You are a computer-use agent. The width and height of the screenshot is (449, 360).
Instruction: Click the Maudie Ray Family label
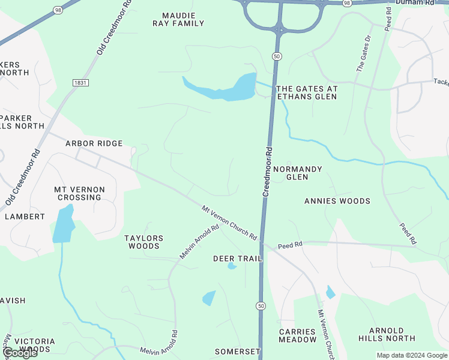(183, 19)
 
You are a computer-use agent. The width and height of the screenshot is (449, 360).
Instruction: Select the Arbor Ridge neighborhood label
(94, 143)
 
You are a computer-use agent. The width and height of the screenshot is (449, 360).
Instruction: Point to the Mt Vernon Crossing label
(79, 193)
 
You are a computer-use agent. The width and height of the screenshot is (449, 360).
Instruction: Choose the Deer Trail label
(238, 259)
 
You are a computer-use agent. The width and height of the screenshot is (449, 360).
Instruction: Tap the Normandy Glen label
(297, 173)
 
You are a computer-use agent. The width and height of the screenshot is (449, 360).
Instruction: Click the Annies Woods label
(337, 201)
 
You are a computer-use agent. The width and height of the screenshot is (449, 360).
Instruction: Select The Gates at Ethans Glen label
(307, 92)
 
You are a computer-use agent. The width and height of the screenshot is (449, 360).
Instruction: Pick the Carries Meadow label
(297, 335)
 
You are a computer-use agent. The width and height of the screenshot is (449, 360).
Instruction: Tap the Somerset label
(238, 351)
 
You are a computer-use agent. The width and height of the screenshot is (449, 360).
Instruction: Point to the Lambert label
(25, 216)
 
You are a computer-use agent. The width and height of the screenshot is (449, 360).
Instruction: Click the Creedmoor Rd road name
(267, 172)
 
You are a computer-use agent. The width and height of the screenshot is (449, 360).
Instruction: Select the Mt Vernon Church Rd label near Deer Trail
(229, 223)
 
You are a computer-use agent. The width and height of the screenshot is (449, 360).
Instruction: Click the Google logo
(19, 353)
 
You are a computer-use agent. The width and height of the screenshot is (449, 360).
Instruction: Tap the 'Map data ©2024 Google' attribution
(412, 355)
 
